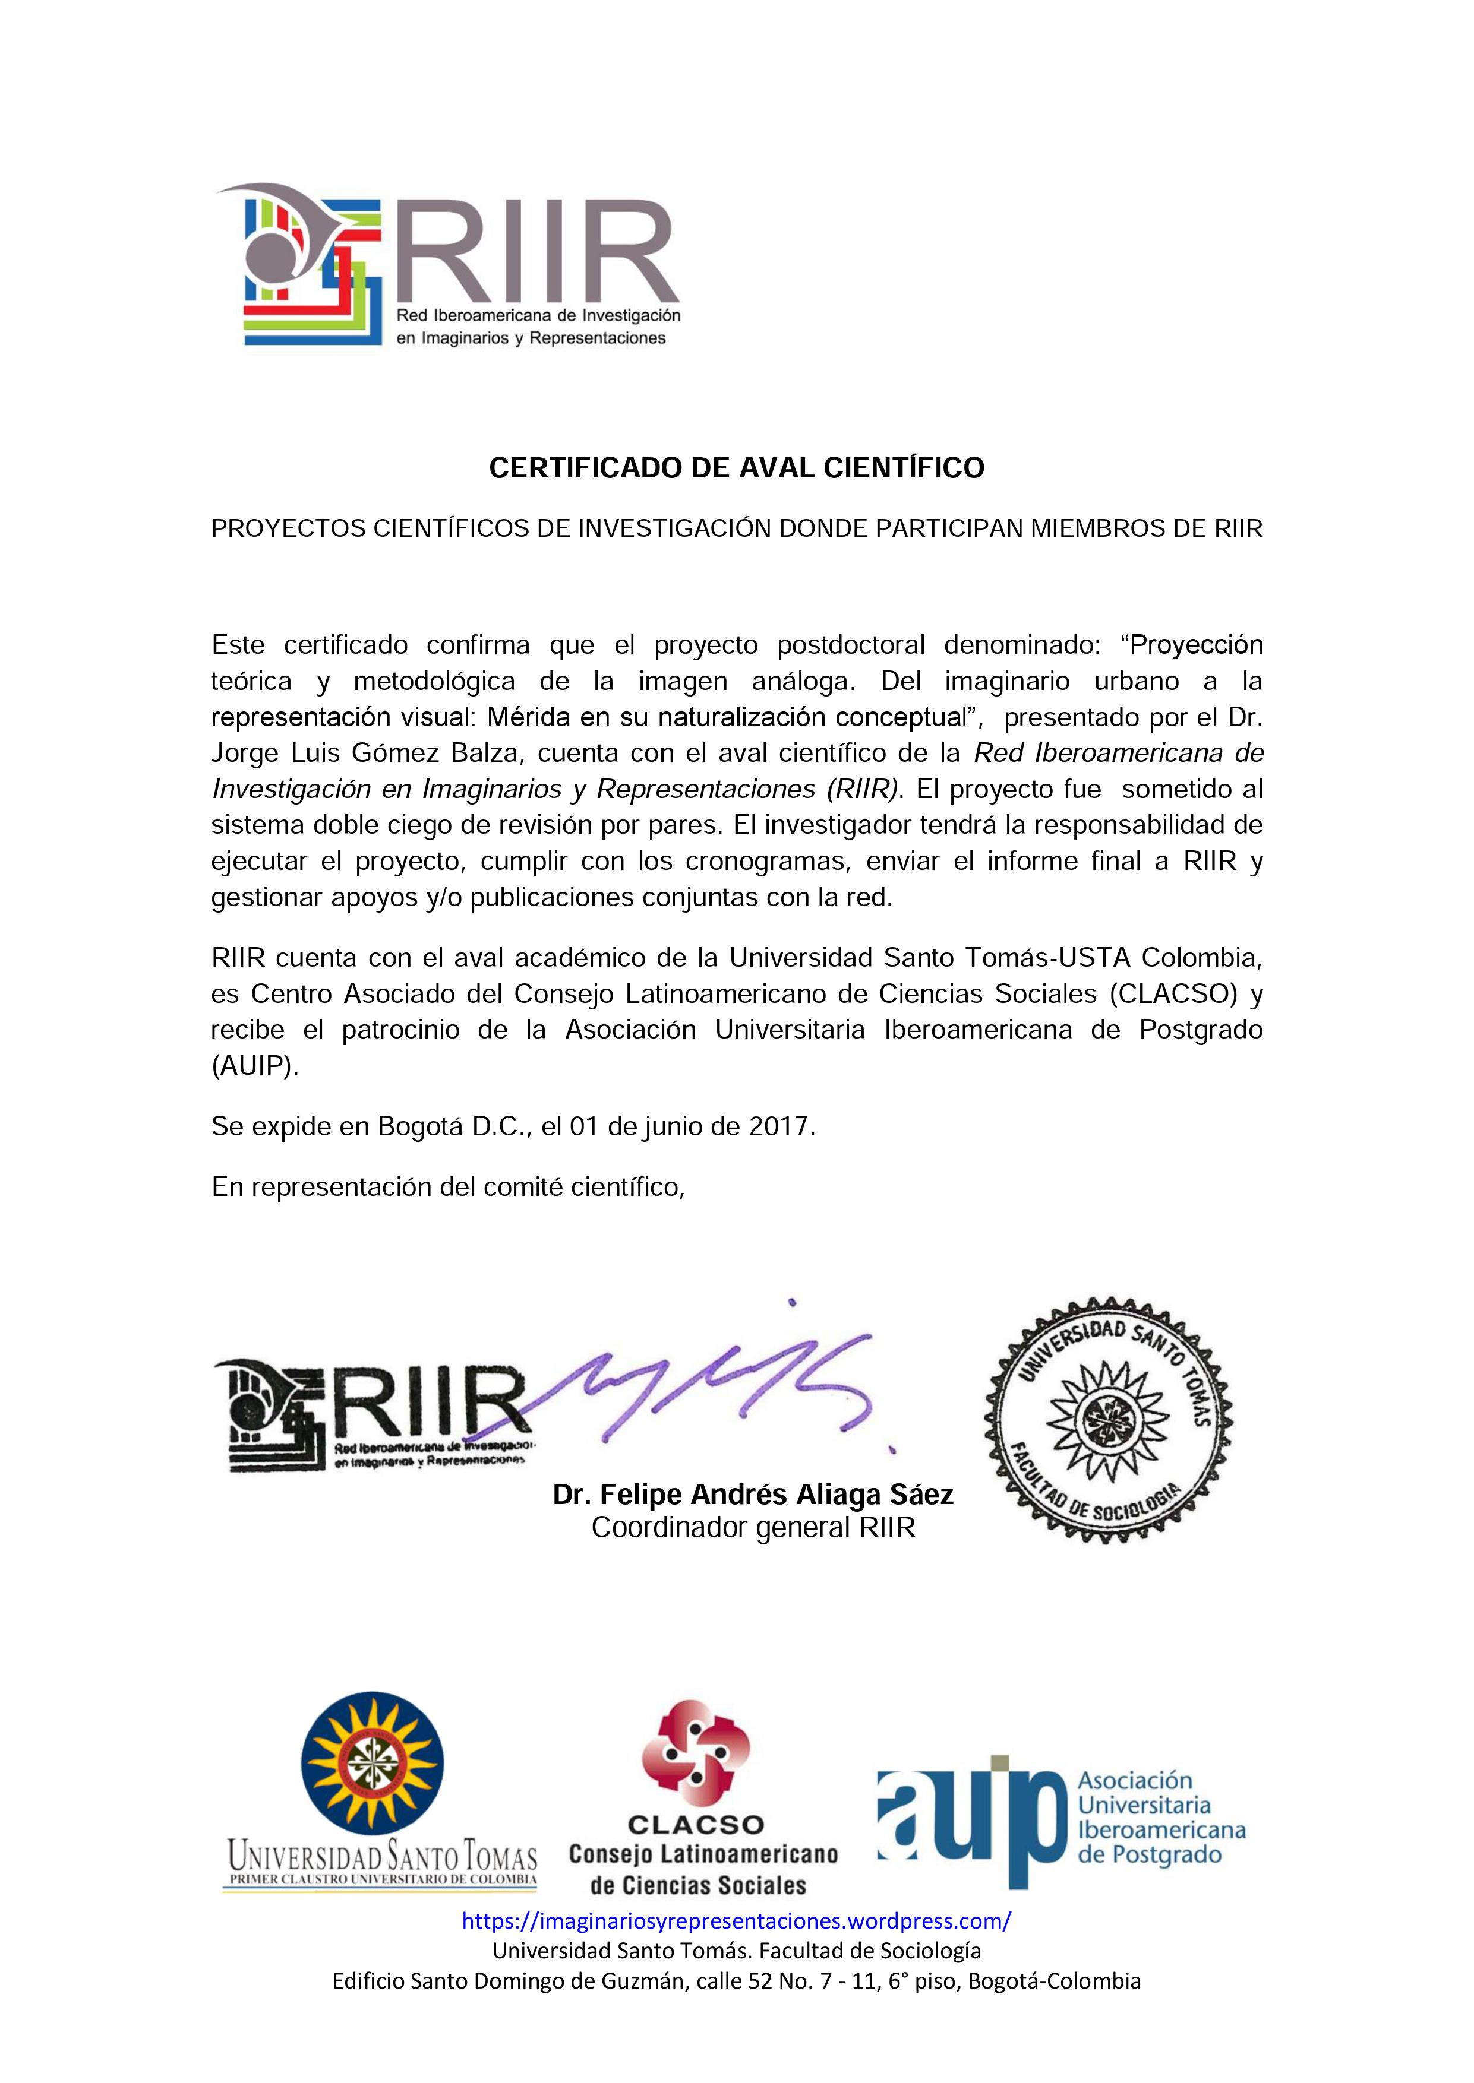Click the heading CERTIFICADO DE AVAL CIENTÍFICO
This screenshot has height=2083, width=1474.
pos(736,468)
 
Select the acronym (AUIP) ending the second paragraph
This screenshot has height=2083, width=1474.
pos(254,1066)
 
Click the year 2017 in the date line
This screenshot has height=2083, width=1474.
pos(781,1127)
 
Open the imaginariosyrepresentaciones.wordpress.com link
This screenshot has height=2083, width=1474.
pos(736,1921)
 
